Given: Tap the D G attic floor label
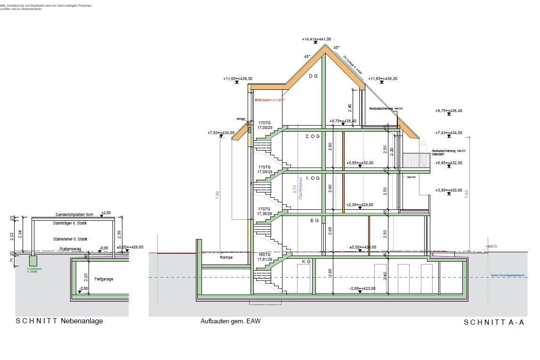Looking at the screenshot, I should [x=313, y=76].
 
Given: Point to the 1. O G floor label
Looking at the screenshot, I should [x=312, y=178].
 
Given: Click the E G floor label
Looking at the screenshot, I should [x=314, y=220].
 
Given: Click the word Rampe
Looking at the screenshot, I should [x=227, y=258].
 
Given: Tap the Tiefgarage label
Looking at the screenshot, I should [x=104, y=279].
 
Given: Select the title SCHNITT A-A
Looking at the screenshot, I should [x=494, y=322].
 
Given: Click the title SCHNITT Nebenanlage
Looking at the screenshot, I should [x=59, y=321].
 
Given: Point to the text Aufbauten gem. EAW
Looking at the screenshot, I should [x=230, y=321].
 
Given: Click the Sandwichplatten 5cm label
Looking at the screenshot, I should [x=74, y=214].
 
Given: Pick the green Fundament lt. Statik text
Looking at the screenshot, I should [x=33, y=271].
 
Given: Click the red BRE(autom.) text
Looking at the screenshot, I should [x=270, y=100].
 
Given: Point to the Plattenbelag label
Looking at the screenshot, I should [x=70, y=248].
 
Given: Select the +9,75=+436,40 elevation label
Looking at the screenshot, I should [x=449, y=111].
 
